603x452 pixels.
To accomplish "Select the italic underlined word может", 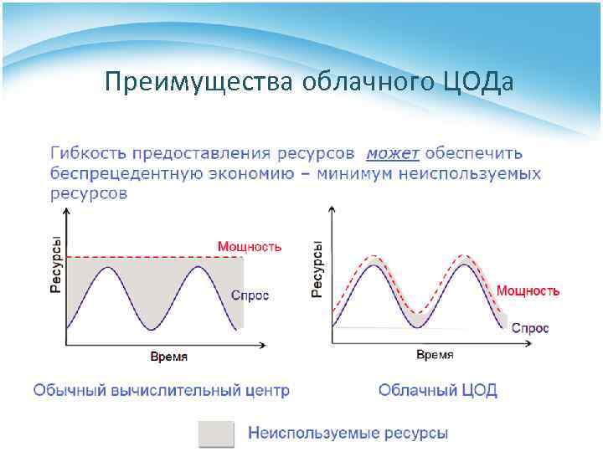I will pos(392,153).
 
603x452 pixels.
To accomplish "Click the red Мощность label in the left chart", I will pos(250,246).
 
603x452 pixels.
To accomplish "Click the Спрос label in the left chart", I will pos(250,296).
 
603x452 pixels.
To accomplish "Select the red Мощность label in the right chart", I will pos(528,290).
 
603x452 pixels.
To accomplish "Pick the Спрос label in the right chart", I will pos(529,328).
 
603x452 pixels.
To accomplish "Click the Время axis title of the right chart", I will pos(435,355).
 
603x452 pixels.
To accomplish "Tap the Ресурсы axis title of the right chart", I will pos(317,269).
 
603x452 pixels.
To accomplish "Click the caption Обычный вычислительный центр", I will pos(161,390).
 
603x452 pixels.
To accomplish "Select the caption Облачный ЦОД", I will pos(437,390).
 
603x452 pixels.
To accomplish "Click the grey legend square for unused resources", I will pos(215,433).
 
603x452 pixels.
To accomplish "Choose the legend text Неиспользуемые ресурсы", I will pos(348,433).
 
